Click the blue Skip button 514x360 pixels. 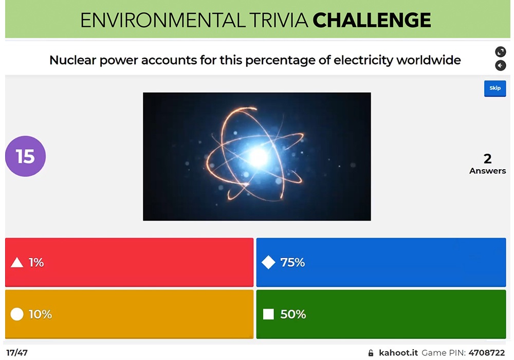(494, 88)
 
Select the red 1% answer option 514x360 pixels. (129, 262)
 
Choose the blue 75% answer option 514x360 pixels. (381, 262)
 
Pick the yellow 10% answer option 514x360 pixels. (129, 314)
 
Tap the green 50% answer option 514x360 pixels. (381, 314)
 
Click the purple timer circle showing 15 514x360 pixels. (25, 156)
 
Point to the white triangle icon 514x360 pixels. (17, 263)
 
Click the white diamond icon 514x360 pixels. (268, 263)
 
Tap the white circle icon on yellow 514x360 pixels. (17, 314)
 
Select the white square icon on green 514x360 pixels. (268, 314)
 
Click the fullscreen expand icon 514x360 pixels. (500, 51)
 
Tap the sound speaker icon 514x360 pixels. (500, 65)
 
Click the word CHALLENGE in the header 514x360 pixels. (372, 20)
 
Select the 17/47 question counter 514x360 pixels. (17, 353)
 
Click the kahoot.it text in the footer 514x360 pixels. (398, 353)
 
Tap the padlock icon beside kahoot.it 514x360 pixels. (371, 353)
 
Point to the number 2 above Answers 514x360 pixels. (487, 158)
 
